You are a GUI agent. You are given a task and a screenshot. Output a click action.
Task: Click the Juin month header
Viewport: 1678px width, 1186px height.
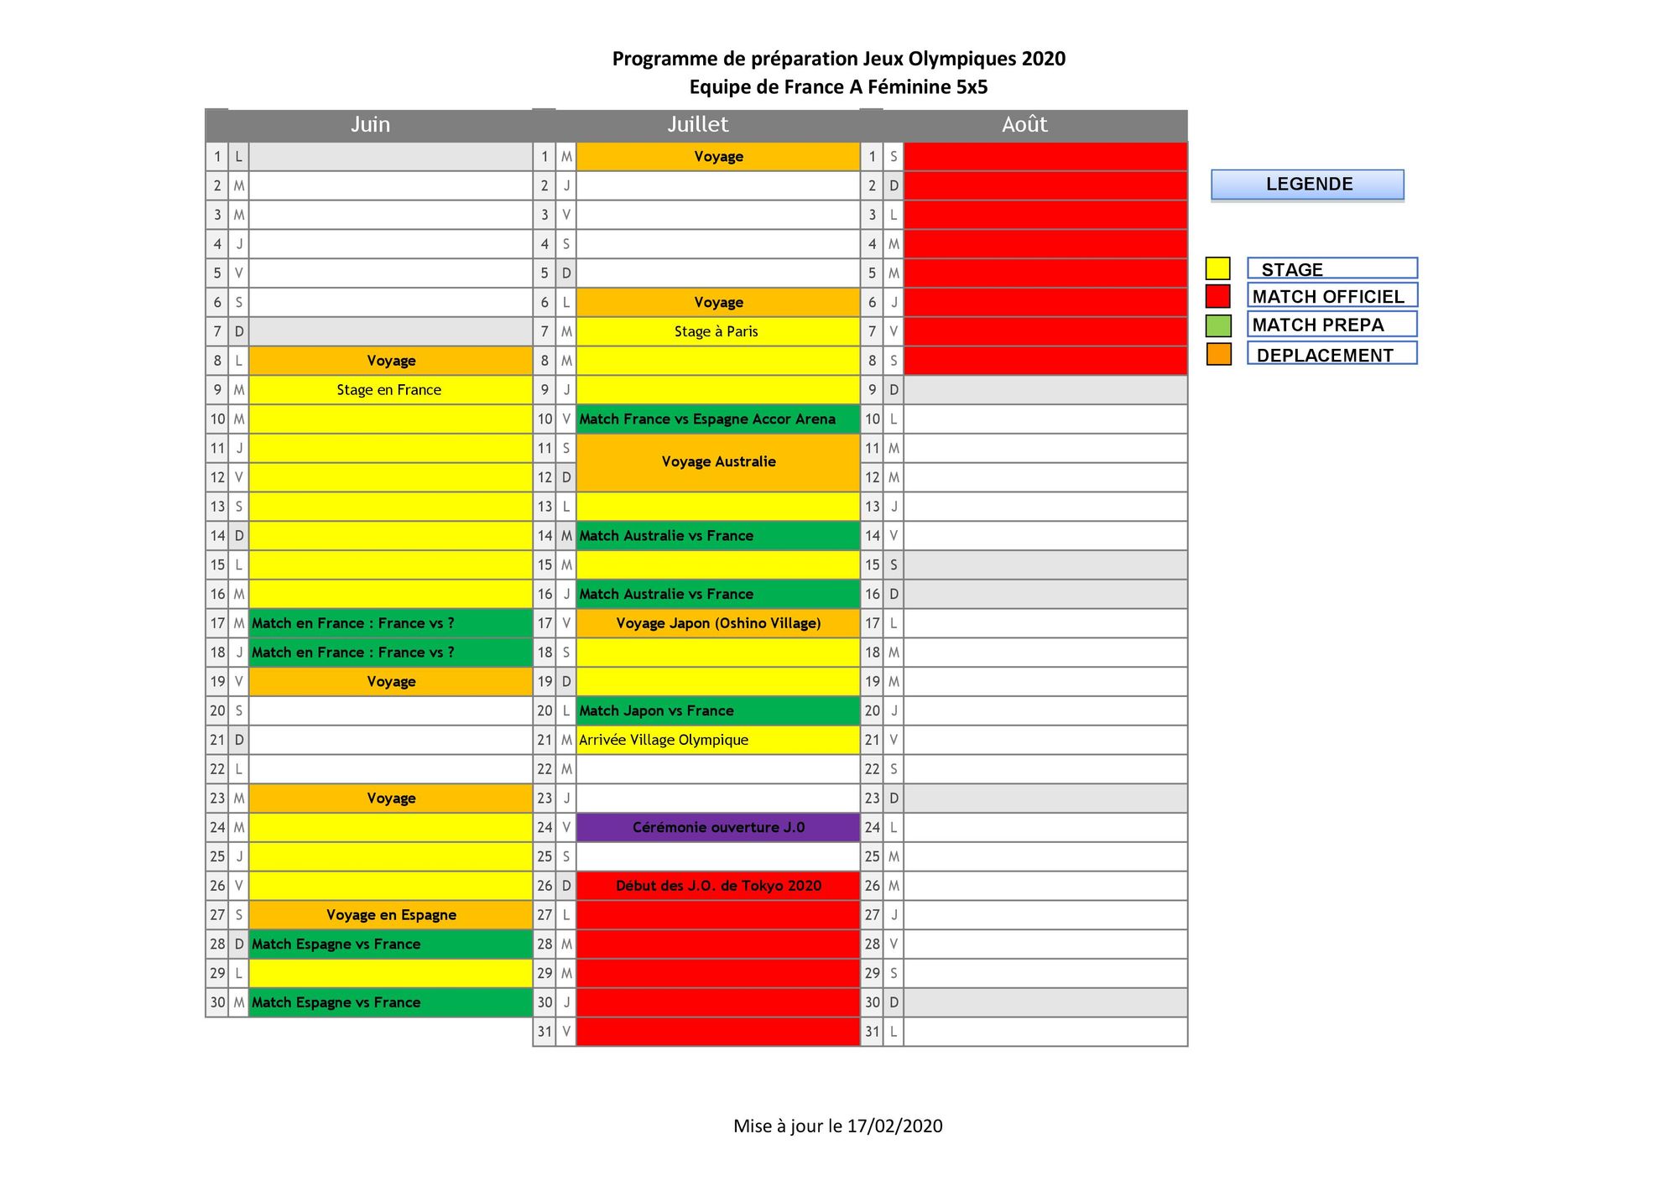[370, 125]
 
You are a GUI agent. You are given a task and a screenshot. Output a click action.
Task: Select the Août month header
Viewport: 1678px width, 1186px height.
[1024, 125]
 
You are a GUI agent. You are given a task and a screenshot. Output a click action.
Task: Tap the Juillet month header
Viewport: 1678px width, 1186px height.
[697, 125]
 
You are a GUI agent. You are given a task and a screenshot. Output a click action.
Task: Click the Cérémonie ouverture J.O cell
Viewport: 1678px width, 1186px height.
[718, 828]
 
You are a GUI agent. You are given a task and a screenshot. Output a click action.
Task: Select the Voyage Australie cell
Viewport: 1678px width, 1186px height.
[718, 462]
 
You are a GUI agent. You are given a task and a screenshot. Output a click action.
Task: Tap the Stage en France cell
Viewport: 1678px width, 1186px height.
[389, 390]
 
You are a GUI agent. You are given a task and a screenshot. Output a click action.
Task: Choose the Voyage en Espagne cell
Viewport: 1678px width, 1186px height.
[391, 915]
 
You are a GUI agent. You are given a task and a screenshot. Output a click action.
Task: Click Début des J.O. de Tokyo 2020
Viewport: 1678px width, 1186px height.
[718, 886]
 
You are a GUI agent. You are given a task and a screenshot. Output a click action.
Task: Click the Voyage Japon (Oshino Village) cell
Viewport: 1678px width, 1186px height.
[718, 623]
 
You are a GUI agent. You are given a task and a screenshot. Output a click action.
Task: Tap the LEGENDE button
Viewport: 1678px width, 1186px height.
[1307, 185]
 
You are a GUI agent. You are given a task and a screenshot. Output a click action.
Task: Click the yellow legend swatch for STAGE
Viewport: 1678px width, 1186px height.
[1217, 268]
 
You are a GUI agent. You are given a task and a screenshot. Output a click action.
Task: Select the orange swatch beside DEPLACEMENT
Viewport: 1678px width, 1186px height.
[1218, 354]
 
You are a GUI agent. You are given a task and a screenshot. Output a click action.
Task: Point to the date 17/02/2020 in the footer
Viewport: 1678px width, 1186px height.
[894, 1126]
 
